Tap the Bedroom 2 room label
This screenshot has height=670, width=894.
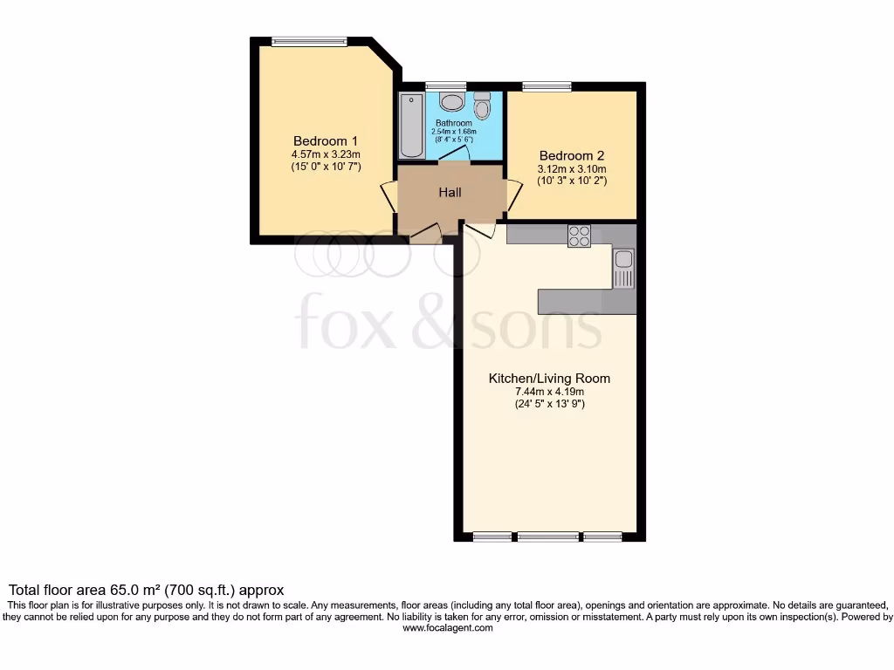click(572, 155)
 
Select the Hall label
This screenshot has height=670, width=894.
click(450, 193)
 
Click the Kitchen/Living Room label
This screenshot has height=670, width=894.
click(549, 379)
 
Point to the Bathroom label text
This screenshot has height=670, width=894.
click(454, 124)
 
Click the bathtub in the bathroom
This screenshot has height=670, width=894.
click(411, 126)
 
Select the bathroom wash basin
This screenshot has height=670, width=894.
click(452, 102)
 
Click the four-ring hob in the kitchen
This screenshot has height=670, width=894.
click(579, 236)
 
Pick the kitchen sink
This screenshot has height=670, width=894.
click(623, 267)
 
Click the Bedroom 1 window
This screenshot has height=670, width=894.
click(309, 41)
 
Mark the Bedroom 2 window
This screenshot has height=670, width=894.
click(547, 86)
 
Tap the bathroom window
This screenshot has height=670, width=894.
click(434, 86)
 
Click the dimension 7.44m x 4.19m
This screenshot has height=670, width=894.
click(549, 393)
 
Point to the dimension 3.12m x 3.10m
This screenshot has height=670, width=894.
click(572, 169)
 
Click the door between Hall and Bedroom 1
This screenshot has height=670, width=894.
click(388, 195)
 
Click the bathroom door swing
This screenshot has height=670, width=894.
click(454, 154)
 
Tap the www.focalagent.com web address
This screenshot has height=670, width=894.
click(447, 627)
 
